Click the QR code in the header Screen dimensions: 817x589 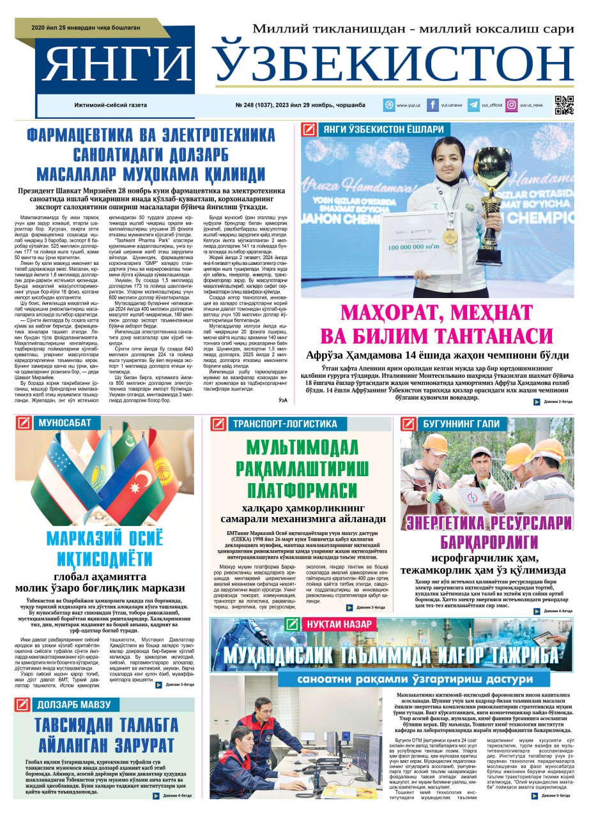pyautogui.click(x=563, y=105)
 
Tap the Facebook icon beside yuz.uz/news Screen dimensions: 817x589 pyautogui.click(x=432, y=105)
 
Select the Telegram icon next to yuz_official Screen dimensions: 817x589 pyautogui.click(x=473, y=105)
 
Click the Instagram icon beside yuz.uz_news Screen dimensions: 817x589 pyautogui.click(x=512, y=105)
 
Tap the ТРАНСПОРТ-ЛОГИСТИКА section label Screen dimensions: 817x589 pyautogui.click(x=285, y=423)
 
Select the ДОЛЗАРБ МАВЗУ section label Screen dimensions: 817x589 pyautogui.click(x=74, y=705)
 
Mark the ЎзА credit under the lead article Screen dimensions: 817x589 pyautogui.click(x=283, y=400)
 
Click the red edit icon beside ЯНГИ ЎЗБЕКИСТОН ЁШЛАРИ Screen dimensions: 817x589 pyautogui.click(x=309, y=130)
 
